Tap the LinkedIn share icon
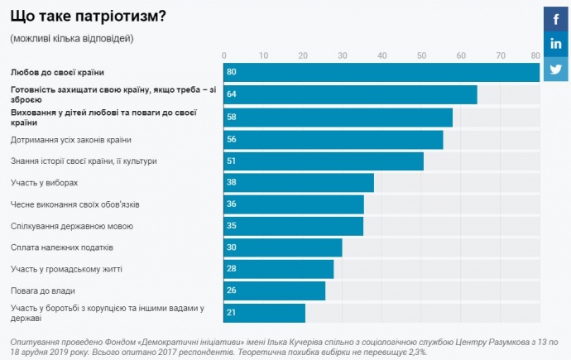(x=555, y=44)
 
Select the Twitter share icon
(x=555, y=70)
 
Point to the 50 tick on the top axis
(x=421, y=55)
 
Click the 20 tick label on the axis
(x=303, y=55)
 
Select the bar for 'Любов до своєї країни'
(x=381, y=73)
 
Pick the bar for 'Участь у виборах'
(x=299, y=182)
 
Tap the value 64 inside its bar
(x=232, y=94)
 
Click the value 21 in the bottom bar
(x=232, y=312)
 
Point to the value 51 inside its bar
(x=232, y=161)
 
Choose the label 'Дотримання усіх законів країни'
(x=70, y=139)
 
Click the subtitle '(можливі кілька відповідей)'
(x=71, y=38)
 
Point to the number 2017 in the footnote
(x=177, y=352)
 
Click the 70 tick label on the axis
(x=500, y=55)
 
